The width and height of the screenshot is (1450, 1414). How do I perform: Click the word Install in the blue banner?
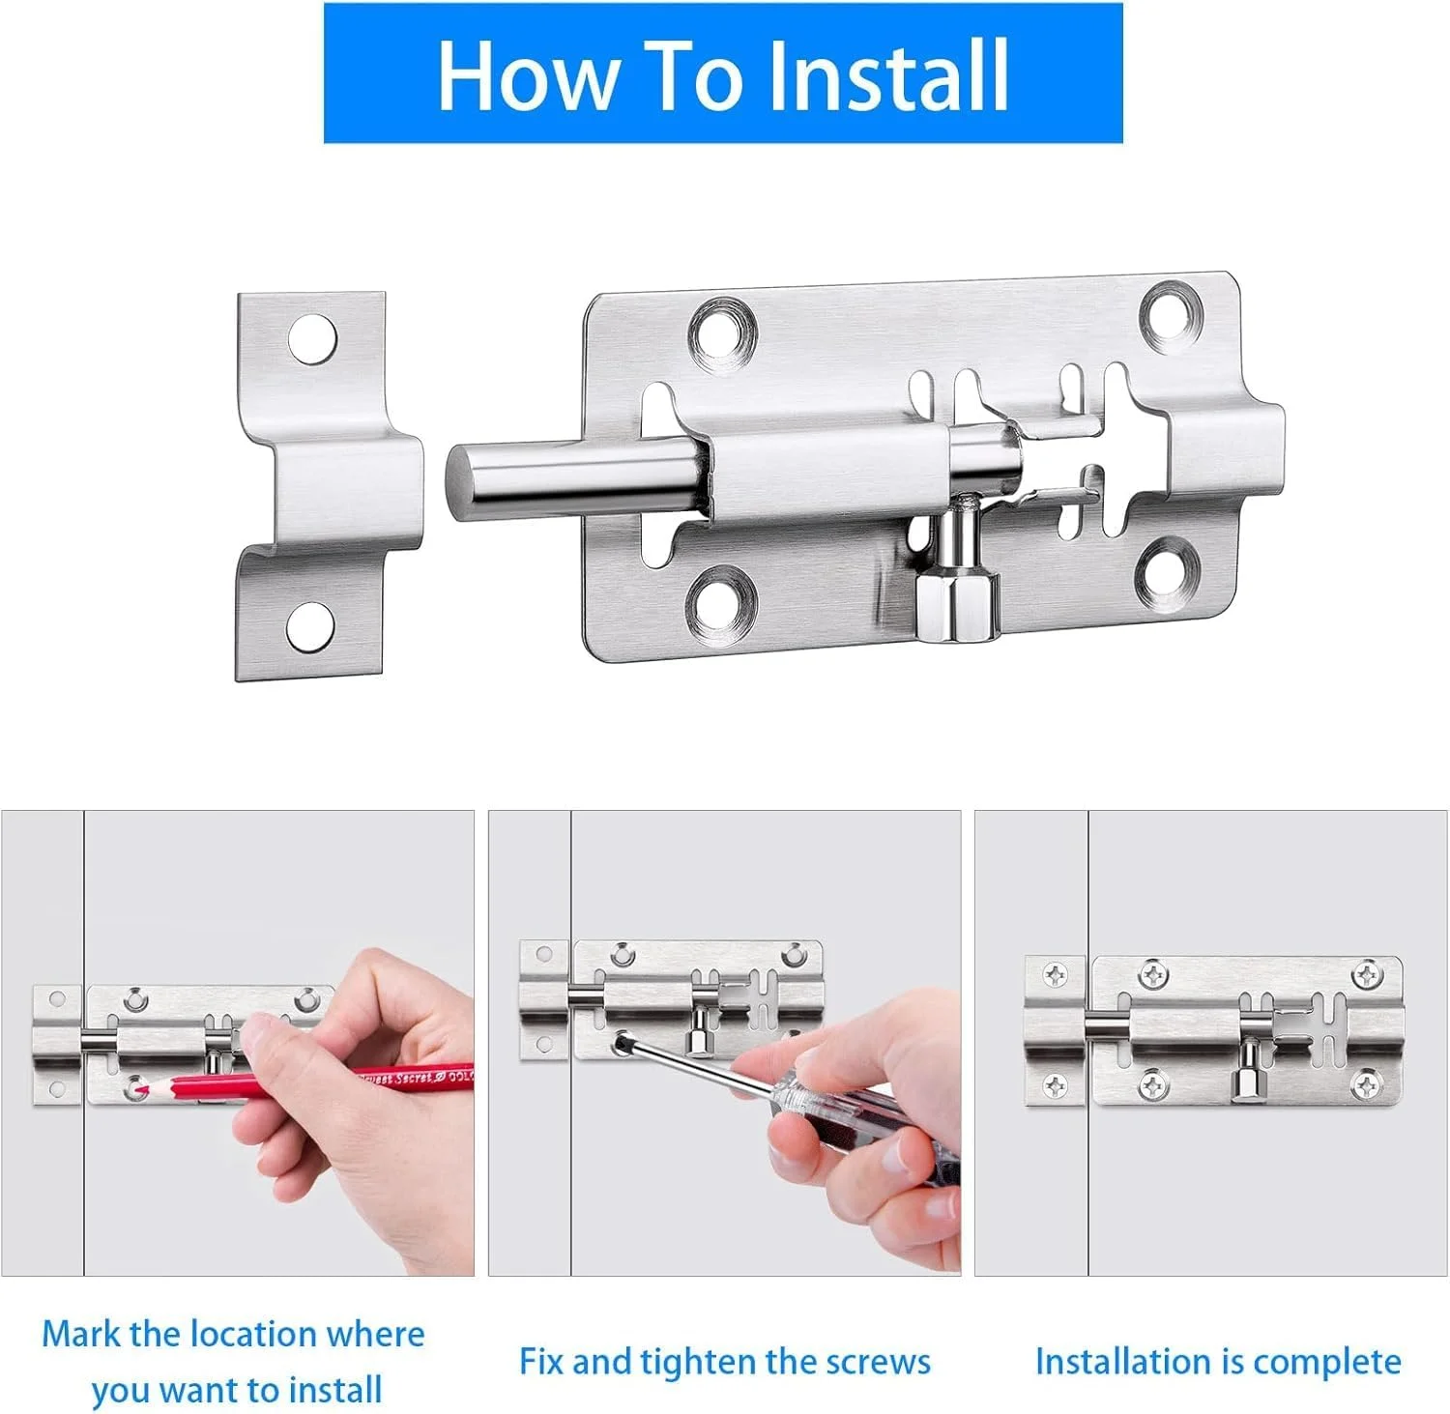click(x=888, y=74)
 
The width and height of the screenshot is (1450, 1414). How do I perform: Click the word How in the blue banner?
click(x=528, y=74)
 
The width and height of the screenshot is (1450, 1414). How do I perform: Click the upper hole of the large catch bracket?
click(x=313, y=339)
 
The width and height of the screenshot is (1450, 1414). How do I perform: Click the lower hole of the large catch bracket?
click(x=310, y=626)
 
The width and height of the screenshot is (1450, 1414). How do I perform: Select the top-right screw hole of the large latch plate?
click(x=1172, y=312)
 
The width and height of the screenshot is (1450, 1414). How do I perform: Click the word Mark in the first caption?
click(x=81, y=1334)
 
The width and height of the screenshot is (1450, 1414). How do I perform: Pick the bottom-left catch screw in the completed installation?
click(x=1056, y=1086)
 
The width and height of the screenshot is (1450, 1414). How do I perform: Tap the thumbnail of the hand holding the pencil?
click(x=238, y=1043)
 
